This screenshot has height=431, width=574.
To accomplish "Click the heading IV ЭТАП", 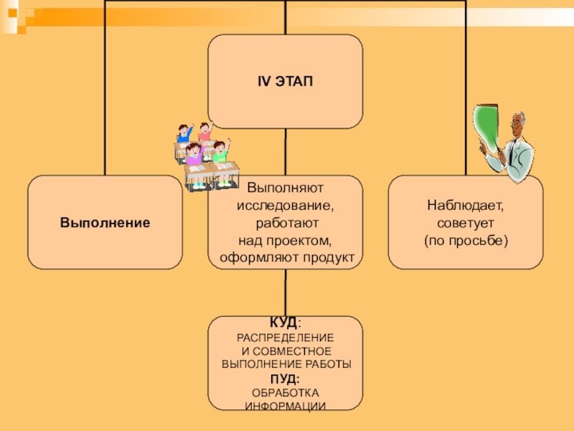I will [285, 81].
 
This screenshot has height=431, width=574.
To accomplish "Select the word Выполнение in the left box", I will [105, 223].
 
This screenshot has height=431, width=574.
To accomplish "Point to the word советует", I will [466, 223].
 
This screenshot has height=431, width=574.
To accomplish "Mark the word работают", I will [285, 223].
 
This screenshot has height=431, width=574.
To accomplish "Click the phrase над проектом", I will [285, 239].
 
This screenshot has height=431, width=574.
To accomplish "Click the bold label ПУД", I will [284, 379].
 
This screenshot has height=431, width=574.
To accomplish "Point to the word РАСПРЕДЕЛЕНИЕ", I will [285, 338].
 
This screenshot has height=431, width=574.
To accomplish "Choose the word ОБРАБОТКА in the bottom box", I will [285, 392].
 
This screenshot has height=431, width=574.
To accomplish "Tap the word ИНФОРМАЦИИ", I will [285, 407].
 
